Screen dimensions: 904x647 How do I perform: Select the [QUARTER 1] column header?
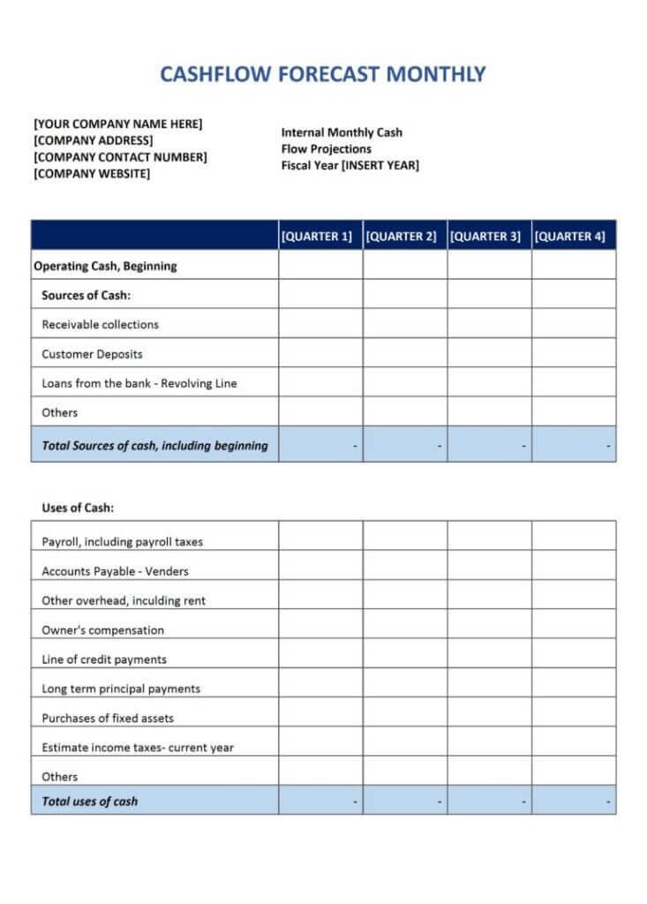(x=320, y=237)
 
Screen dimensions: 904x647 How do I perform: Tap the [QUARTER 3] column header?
(x=489, y=237)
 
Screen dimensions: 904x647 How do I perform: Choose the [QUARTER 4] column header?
(x=573, y=237)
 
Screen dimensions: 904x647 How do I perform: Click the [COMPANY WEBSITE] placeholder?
(x=92, y=174)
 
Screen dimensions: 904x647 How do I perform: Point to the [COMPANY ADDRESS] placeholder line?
(x=93, y=140)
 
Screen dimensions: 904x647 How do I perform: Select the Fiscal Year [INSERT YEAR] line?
(x=350, y=165)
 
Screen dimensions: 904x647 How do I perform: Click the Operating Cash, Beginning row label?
(x=105, y=266)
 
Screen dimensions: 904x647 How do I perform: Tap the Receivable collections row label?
(x=100, y=324)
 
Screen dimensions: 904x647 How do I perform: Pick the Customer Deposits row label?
(x=92, y=354)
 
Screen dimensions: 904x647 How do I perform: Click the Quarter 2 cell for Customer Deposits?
(x=404, y=354)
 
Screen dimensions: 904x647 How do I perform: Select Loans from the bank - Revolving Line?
(x=139, y=383)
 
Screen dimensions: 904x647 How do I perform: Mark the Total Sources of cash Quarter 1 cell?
(x=320, y=446)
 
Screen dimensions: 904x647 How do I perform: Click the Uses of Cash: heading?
(x=78, y=508)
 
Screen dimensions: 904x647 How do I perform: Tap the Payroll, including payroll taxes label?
(x=123, y=542)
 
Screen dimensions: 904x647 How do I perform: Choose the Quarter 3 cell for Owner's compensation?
(x=489, y=630)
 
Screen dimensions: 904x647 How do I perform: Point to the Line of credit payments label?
(x=104, y=659)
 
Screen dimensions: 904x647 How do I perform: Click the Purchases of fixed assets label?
(x=108, y=718)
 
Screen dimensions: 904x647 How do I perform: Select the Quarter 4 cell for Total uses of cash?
(x=573, y=802)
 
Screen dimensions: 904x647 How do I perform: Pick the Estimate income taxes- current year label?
(x=138, y=748)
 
